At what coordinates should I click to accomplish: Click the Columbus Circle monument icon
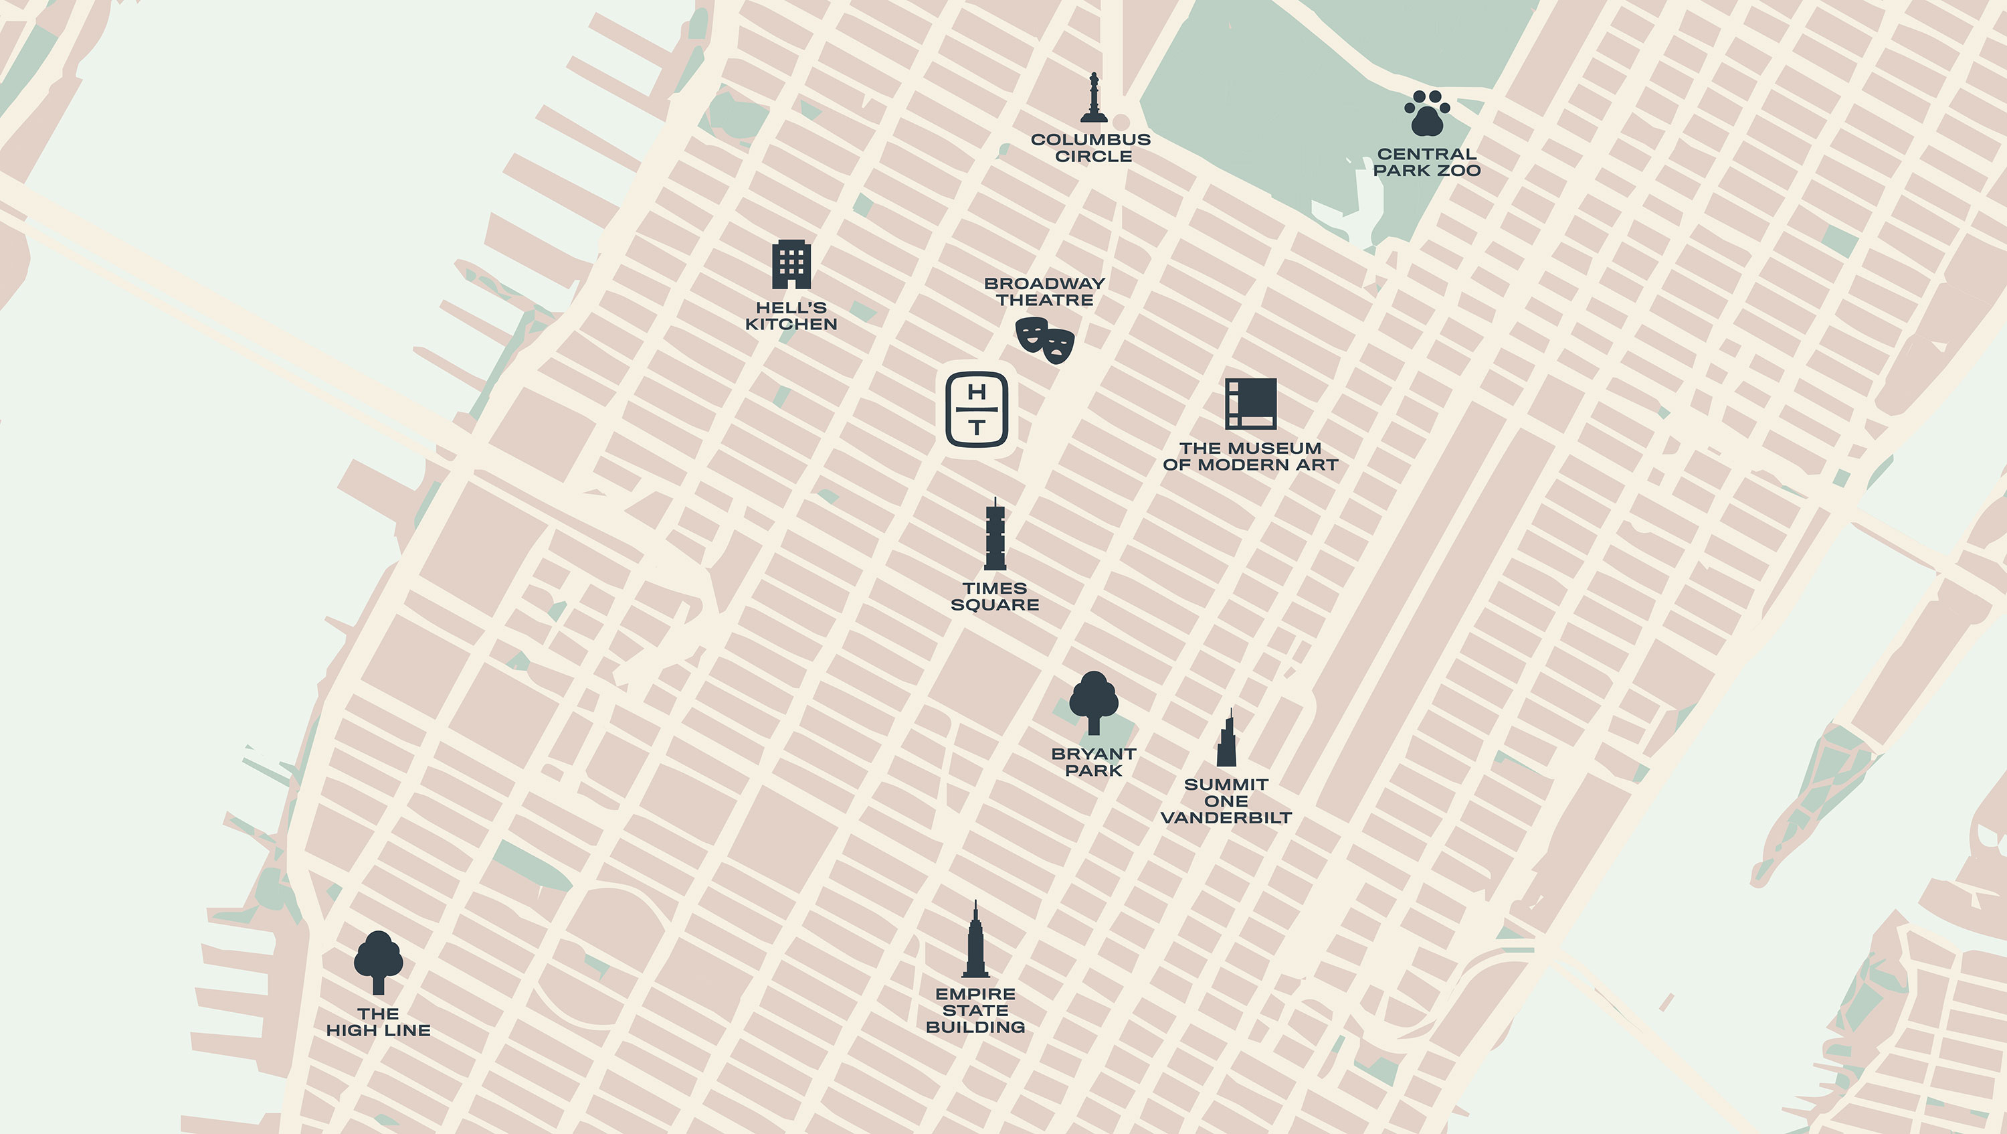coord(1094,99)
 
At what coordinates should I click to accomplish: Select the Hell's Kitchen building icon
coord(791,265)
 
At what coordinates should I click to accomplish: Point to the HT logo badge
coord(976,410)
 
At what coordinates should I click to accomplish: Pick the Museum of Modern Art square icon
coord(1250,404)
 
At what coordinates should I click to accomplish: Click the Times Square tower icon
coord(995,536)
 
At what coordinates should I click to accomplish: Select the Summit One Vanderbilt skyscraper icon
coord(1227,739)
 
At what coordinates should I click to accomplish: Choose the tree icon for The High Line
coord(379,963)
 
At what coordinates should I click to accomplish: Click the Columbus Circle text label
coord(1090,148)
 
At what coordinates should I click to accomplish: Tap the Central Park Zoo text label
coord(1426,162)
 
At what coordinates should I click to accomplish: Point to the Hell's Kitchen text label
coord(791,316)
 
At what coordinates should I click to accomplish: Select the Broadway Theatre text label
coord(1045,291)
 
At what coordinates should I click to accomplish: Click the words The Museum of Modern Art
coord(1250,457)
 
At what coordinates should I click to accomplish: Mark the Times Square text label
coord(995,597)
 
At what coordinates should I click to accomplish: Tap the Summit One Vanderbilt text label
coord(1226,801)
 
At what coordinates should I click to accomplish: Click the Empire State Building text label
coord(975,1011)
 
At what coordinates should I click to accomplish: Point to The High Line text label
coord(379,1022)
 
